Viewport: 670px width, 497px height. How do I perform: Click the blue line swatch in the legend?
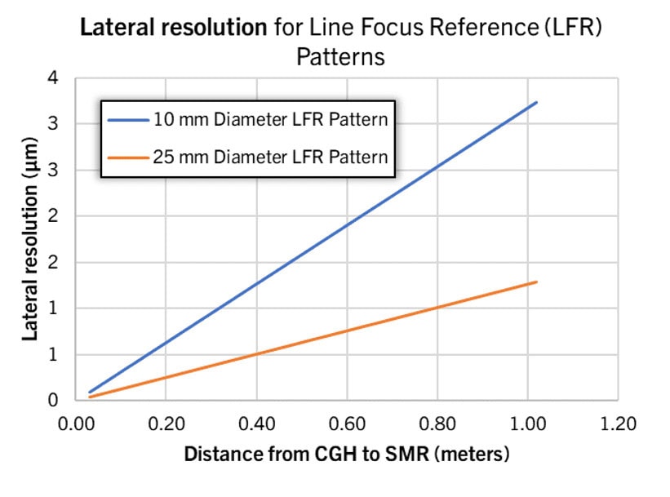click(x=128, y=119)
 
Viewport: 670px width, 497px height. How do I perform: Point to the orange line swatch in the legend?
click(x=128, y=156)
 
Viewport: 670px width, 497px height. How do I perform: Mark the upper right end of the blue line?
click(x=536, y=103)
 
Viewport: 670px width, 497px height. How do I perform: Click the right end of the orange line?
click(x=536, y=282)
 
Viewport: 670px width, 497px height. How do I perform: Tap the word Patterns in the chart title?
click(x=340, y=59)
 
